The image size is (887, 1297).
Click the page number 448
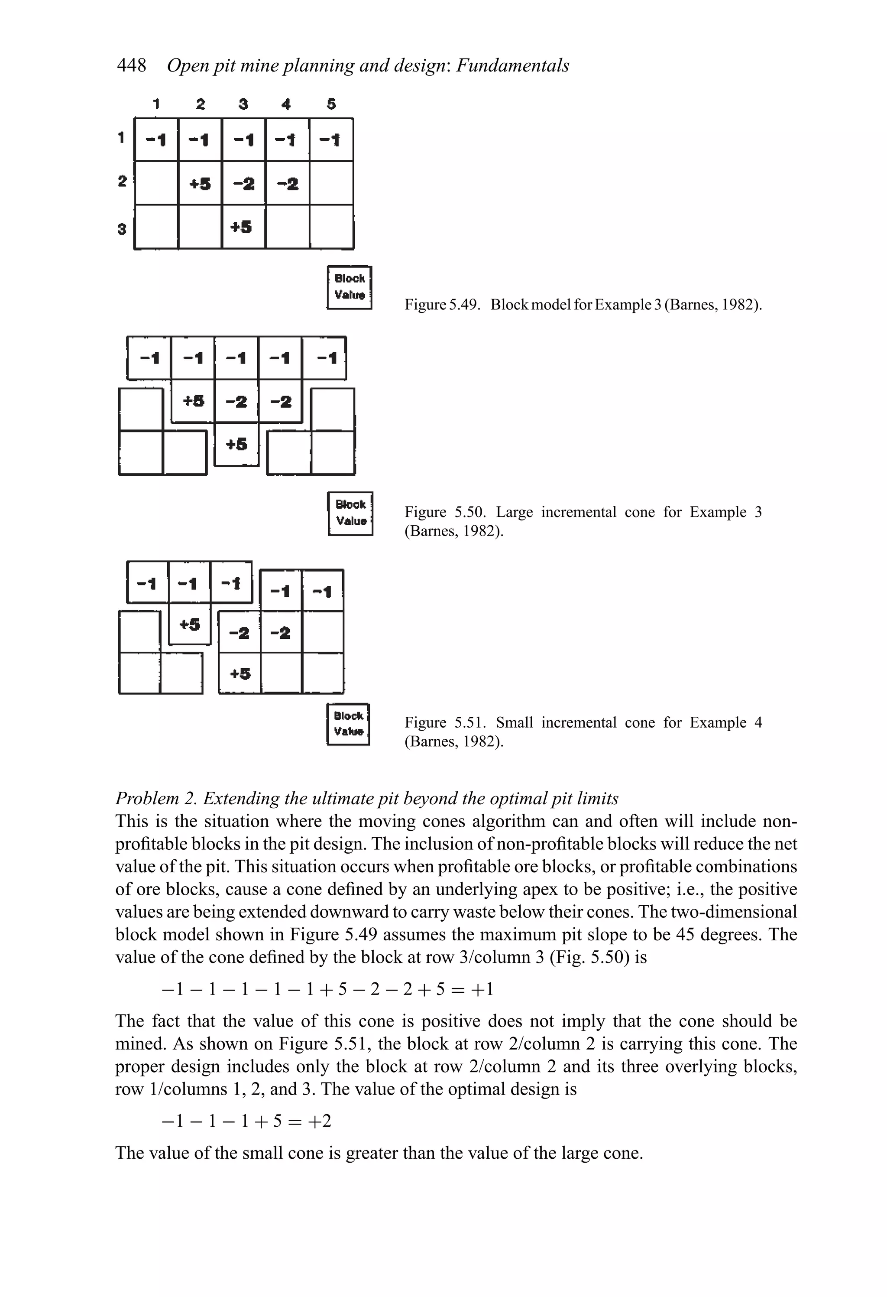132,65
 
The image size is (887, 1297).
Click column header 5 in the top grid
331,104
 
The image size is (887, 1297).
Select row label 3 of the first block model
122,228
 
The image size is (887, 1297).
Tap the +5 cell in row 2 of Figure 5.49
200,183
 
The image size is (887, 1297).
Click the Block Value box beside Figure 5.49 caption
349,287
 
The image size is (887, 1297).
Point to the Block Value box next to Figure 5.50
350,514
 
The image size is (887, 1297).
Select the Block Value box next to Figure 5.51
348,724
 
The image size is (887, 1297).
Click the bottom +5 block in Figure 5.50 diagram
236,444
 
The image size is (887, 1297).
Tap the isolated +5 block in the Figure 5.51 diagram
190,624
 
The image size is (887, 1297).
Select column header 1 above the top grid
157,104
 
